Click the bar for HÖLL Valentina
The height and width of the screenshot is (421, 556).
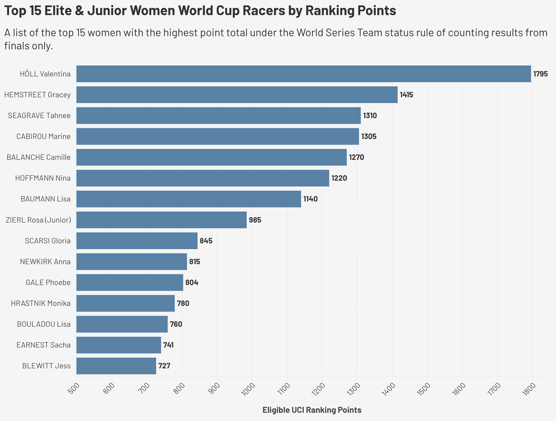coord(304,74)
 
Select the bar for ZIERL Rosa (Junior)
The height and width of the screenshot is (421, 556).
coord(161,220)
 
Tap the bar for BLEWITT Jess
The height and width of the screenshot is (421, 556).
coord(116,366)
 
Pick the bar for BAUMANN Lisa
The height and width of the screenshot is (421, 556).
coord(188,199)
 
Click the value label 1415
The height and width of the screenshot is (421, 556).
coord(406,95)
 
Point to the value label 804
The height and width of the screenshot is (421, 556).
coord(192,283)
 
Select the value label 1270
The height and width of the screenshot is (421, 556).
coord(356,157)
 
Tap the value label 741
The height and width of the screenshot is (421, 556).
coord(168,345)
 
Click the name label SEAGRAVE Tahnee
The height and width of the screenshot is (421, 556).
coord(39,116)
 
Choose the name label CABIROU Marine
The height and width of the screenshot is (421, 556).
coord(43,137)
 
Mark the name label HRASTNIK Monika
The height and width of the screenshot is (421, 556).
coord(41,303)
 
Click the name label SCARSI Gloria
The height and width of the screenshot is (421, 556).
coord(48,241)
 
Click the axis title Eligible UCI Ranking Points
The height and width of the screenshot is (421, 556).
coord(312,410)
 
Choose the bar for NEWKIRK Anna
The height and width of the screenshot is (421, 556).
coord(131,262)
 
